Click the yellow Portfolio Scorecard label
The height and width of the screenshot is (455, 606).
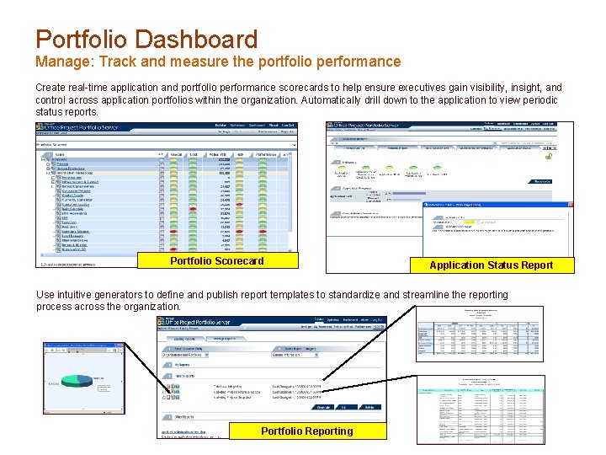click(x=216, y=261)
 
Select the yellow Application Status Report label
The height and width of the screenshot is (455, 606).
click(x=491, y=265)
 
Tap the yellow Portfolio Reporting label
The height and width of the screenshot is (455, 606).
click(x=306, y=431)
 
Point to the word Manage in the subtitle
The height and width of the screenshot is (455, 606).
click(x=61, y=62)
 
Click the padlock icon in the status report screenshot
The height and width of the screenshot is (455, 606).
click(x=548, y=156)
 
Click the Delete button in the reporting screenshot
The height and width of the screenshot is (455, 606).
click(x=369, y=407)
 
